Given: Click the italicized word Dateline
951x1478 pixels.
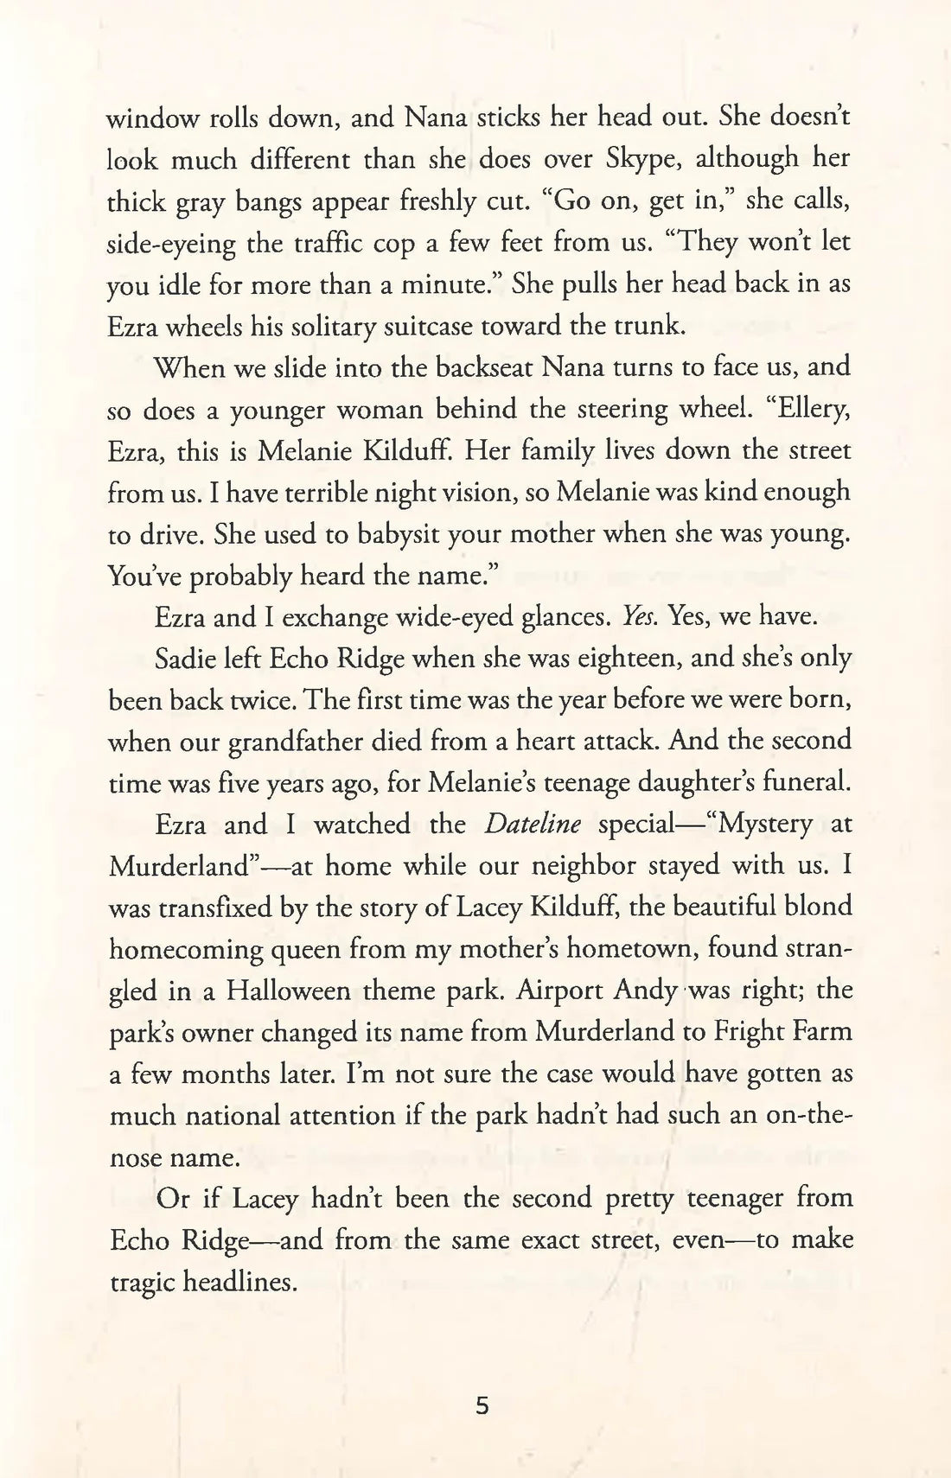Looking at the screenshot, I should (533, 824).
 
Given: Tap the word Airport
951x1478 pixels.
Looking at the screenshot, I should (560, 990).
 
